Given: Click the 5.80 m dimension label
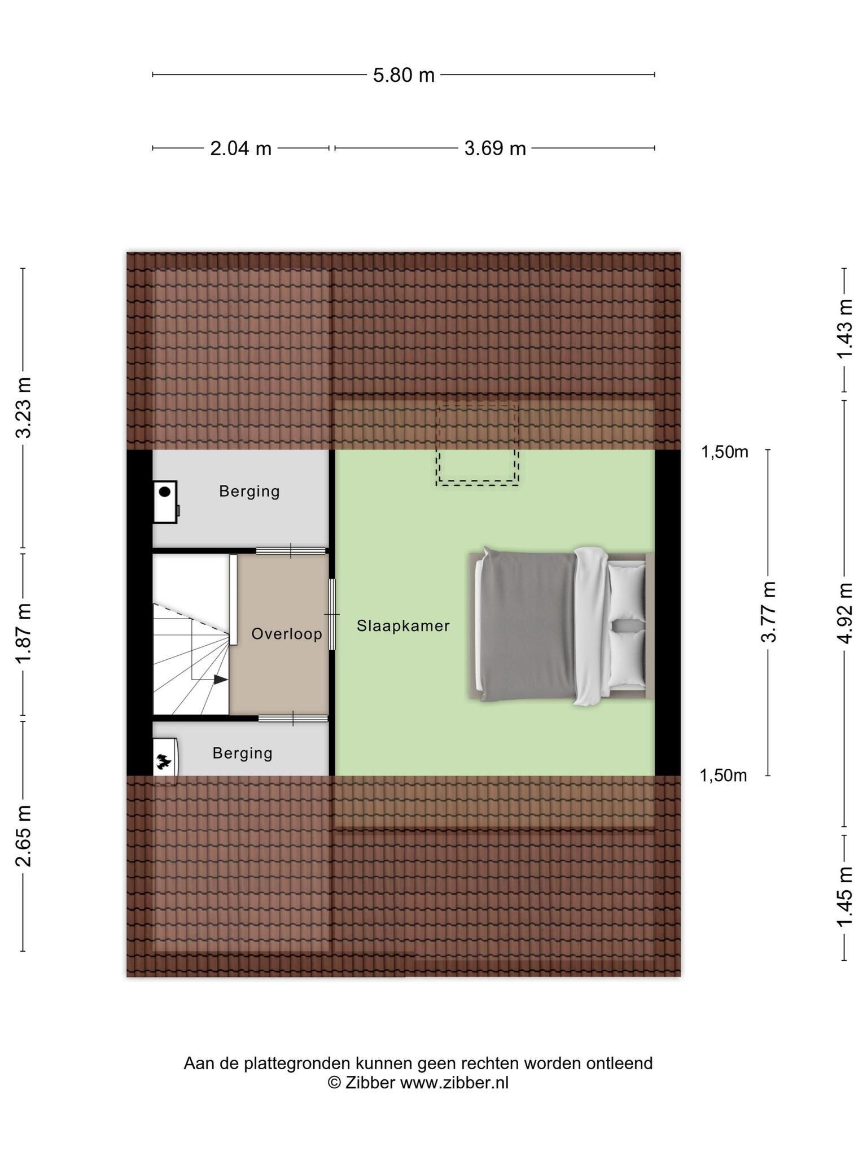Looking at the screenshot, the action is click(x=404, y=75).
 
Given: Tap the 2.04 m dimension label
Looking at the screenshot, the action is click(x=240, y=149).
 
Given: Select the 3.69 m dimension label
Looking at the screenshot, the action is click(x=495, y=149).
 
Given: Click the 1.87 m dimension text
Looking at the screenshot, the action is click(x=24, y=633).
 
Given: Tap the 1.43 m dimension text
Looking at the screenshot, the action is click(x=845, y=329).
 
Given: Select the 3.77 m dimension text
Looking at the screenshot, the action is click(x=769, y=612).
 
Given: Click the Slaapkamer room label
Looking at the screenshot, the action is click(x=403, y=626).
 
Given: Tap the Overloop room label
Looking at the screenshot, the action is click(x=287, y=634).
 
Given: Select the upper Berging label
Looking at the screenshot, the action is click(x=249, y=492).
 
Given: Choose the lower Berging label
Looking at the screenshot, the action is click(x=243, y=754).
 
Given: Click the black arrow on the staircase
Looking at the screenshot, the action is click(x=221, y=680).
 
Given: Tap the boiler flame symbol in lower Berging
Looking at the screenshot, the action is click(x=164, y=762).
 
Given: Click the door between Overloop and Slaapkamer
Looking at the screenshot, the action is click(x=332, y=614).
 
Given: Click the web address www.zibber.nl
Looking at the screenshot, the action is click(x=454, y=1083).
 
